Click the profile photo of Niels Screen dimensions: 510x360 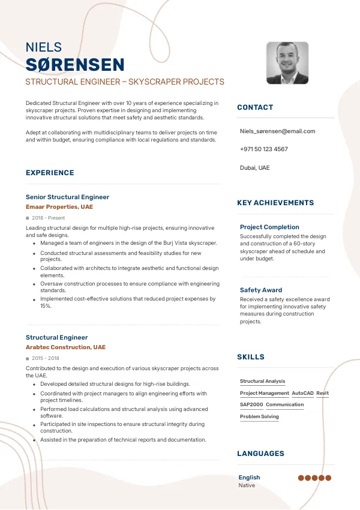(x=287, y=62)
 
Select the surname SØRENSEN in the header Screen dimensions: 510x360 (x=75, y=65)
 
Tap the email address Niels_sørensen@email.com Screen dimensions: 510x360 (x=277, y=131)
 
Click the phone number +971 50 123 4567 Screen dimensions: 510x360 (x=263, y=149)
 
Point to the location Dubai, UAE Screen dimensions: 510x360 (x=254, y=167)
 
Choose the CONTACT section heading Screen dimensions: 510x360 (x=255, y=107)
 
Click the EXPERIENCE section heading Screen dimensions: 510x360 (x=50, y=173)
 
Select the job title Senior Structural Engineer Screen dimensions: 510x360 (x=67, y=197)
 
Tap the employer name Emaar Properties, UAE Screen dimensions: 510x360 (x=59, y=207)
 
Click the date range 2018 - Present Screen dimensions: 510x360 (x=49, y=218)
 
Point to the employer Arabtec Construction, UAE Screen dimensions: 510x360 (x=65, y=347)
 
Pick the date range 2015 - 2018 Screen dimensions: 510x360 (x=46, y=358)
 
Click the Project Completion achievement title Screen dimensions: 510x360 (x=269, y=227)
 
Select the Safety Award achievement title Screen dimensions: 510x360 (x=261, y=290)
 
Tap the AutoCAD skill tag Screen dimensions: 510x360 (x=302, y=393)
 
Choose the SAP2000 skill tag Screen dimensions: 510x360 (x=251, y=404)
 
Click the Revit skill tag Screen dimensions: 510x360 (x=322, y=393)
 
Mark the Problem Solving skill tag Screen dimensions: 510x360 (x=259, y=416)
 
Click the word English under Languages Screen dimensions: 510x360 (x=249, y=478)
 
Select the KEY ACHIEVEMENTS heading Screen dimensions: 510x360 (x=275, y=203)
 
